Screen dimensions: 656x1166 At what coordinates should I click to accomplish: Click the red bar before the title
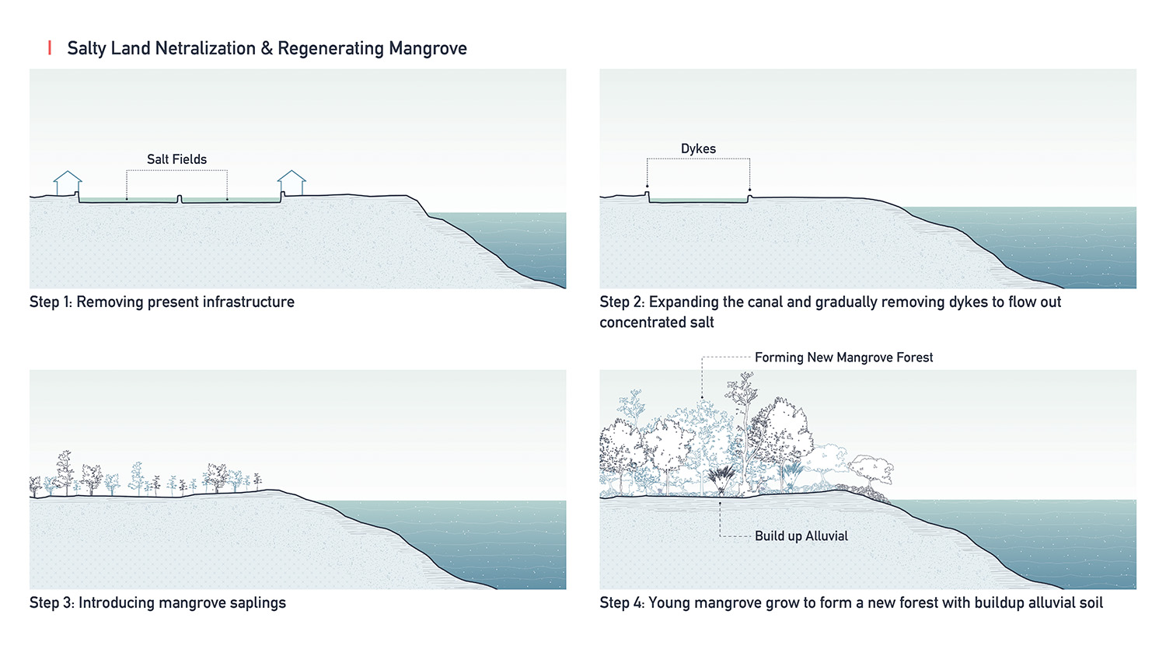coord(50,48)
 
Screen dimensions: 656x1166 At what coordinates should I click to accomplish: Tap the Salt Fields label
coord(176,159)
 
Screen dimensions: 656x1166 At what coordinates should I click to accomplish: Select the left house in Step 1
coord(68,183)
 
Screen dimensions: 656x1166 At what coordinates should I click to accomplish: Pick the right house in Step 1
coord(291,183)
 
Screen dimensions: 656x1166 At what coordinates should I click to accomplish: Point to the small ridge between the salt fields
coord(180,199)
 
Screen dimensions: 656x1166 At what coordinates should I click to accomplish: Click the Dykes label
coord(698,148)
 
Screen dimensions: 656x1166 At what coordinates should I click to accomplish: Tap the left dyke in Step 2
coord(648,195)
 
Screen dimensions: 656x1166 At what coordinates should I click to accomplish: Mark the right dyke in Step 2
coord(749,198)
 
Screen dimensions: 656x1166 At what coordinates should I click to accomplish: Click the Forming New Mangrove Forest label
coord(843,358)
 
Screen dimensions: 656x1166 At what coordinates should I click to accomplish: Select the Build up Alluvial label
coord(801,536)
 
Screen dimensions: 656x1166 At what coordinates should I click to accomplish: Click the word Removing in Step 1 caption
coord(110,302)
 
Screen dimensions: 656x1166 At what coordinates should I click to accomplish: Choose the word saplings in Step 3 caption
coord(257,603)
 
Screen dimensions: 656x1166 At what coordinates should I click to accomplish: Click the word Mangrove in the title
coord(428,48)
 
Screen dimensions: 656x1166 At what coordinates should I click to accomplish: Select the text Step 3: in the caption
coord(51,603)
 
